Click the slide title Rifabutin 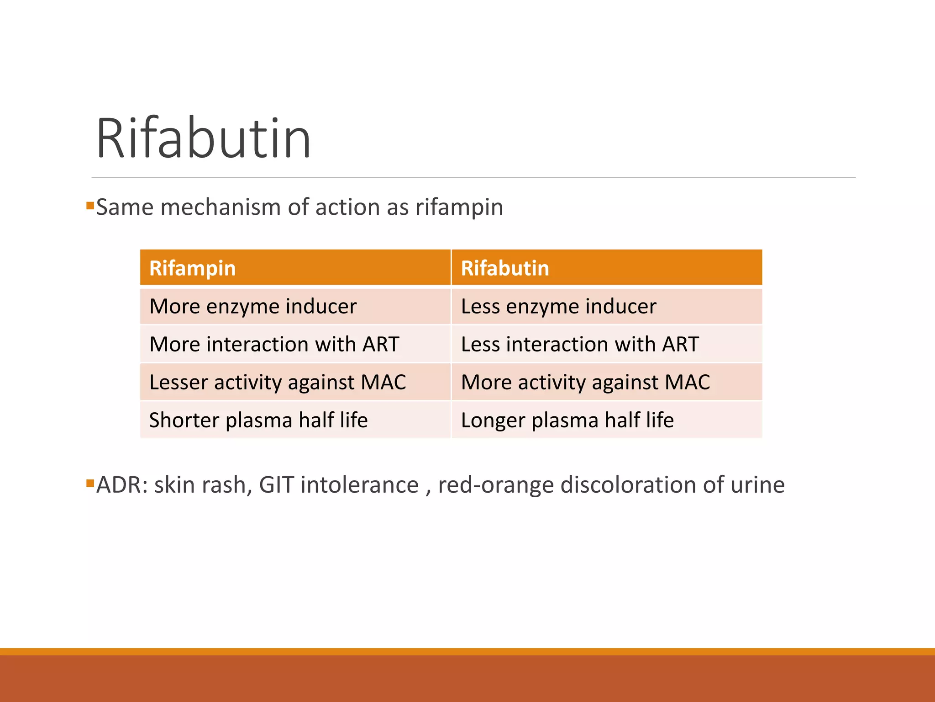click(x=204, y=138)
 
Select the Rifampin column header click(x=192, y=268)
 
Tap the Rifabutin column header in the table click(x=504, y=268)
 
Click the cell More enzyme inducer click(x=253, y=306)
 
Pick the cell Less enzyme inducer click(x=558, y=306)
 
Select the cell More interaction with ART click(x=274, y=344)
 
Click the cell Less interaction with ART click(x=580, y=344)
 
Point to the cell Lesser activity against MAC click(x=278, y=382)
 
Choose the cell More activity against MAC click(x=585, y=382)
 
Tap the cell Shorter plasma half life click(x=258, y=420)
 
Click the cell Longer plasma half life click(x=567, y=420)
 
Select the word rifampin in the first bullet click(x=459, y=208)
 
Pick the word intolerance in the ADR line click(x=359, y=485)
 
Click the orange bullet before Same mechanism click(x=90, y=205)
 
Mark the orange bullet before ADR click(x=90, y=483)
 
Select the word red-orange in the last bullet click(x=495, y=486)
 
